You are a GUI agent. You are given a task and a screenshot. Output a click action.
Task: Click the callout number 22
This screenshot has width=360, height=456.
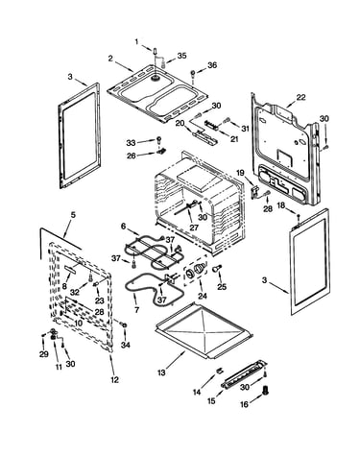(300, 97)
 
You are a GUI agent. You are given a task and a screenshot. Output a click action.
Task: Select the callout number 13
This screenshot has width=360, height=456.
(162, 372)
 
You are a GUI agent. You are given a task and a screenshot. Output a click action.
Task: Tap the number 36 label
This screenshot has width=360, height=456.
(212, 65)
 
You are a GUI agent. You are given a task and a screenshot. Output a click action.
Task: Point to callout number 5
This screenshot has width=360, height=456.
(73, 215)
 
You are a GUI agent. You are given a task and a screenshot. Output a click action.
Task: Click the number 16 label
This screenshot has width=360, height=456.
(244, 404)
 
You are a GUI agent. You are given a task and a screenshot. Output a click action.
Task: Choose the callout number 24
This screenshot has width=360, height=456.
(203, 296)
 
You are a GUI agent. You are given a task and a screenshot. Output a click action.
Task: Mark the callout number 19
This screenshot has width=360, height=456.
(241, 174)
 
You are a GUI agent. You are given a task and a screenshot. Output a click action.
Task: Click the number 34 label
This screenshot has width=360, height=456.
(126, 345)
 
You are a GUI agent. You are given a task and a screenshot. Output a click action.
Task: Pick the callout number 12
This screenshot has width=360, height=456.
(114, 379)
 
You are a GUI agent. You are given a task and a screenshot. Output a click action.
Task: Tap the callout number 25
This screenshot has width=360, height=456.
(222, 286)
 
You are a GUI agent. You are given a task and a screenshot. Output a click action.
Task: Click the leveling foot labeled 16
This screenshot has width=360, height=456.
(265, 390)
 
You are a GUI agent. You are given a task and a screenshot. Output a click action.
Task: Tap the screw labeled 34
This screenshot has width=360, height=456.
(124, 325)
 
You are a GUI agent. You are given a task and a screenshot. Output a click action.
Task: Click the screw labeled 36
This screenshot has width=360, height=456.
(193, 73)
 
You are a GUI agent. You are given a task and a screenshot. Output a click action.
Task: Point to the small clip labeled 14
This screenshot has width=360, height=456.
(219, 371)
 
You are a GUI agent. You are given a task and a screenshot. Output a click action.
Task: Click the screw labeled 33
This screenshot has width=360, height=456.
(158, 139)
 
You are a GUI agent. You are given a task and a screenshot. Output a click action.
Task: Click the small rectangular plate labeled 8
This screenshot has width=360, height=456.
(70, 269)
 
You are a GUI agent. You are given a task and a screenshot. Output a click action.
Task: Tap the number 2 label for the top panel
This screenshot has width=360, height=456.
(110, 59)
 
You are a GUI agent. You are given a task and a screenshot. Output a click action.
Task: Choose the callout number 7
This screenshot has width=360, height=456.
(136, 309)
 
